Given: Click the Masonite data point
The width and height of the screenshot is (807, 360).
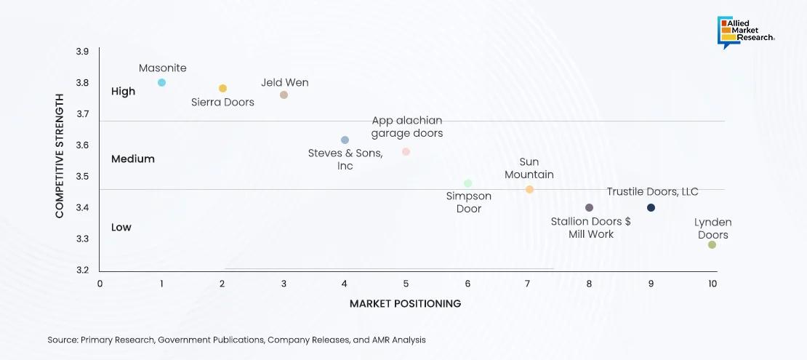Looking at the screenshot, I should point(161,82).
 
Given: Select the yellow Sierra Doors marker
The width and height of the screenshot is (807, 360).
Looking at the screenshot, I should point(223,89).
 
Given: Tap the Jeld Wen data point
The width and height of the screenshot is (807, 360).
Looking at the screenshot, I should point(284,95).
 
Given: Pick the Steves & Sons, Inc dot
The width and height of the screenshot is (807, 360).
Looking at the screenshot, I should point(345,140).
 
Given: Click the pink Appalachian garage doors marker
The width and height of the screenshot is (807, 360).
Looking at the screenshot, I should point(406,152).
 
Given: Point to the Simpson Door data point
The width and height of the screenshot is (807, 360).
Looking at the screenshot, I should point(467,183).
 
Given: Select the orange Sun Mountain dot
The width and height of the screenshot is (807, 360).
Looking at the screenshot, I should point(529,189).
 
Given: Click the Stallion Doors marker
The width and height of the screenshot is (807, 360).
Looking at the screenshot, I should point(589,208).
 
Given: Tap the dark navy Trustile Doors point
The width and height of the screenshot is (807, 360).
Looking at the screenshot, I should point(651,208).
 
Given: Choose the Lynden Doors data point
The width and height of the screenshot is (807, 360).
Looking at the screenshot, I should point(712,244).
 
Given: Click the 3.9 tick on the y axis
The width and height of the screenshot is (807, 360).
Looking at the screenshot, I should point(82,52).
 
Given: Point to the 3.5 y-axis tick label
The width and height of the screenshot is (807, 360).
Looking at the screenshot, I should point(82,177).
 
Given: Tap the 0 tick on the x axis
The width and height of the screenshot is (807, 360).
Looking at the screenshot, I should point(100,284).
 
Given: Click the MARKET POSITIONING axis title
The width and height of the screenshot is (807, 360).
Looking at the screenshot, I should point(405,303).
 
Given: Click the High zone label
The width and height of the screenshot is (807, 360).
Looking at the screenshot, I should point(123,92).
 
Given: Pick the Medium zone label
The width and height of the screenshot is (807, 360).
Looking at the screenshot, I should point(132,159).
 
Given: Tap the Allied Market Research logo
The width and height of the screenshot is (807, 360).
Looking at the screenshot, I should point(747,33).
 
